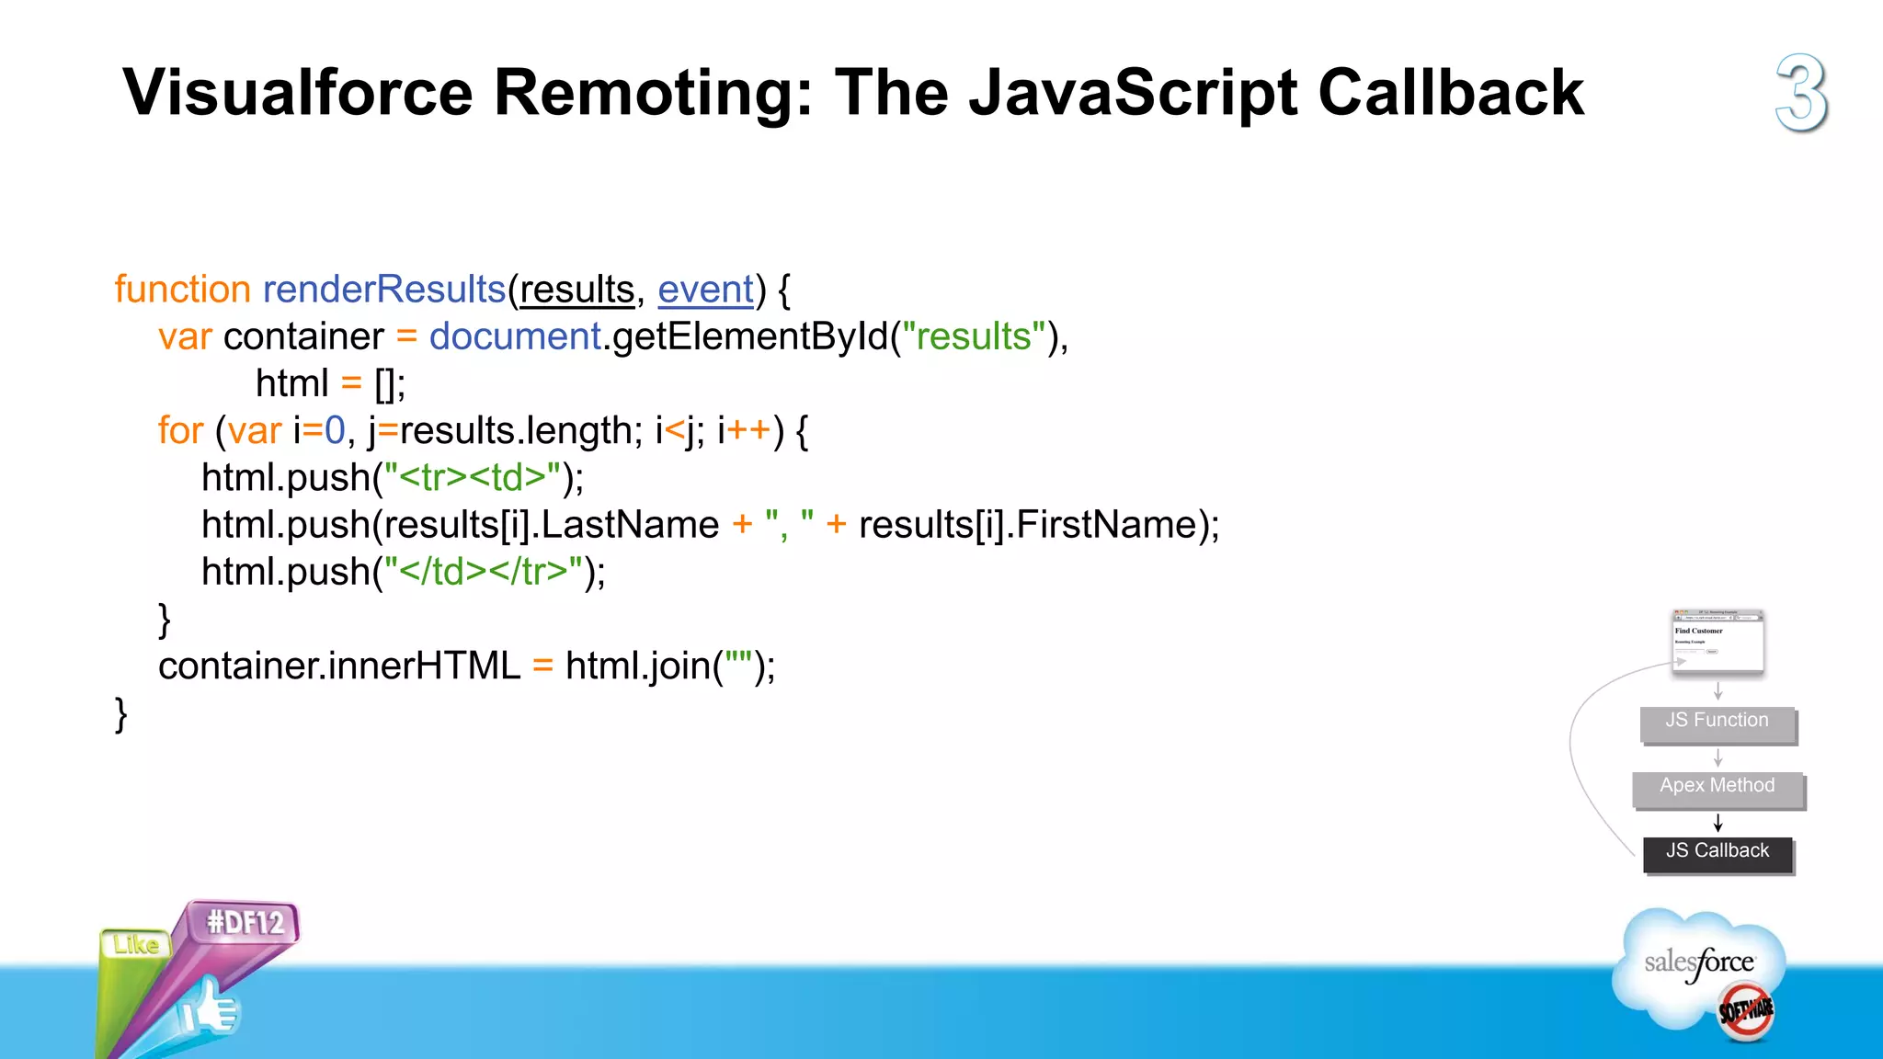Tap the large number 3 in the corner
point(1801,93)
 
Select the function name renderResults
point(384,290)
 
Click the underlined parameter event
point(705,290)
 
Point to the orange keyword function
point(182,290)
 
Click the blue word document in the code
point(515,336)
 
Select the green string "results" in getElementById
point(974,336)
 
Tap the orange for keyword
point(180,430)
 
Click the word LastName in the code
point(630,525)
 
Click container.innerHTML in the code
point(339,666)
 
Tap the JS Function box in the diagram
point(1718,722)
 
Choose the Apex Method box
point(1718,787)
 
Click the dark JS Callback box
point(1718,852)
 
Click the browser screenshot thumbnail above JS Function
point(1718,642)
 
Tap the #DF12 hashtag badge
point(245,922)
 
